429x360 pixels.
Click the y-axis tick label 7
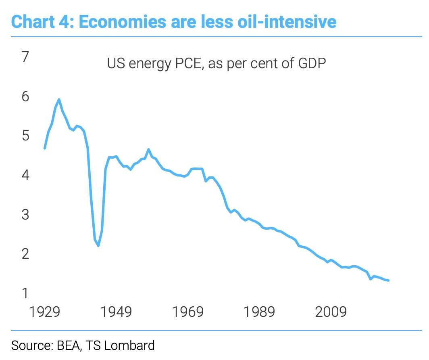[26, 57]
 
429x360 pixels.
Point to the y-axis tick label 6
[26, 96]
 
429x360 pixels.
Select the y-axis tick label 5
[26, 136]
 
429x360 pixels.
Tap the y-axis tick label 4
[26, 175]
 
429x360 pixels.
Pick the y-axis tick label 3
[26, 214]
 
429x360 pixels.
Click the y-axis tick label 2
[26, 254]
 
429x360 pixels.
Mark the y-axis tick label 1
[26, 293]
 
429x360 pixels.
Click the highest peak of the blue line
[59, 99]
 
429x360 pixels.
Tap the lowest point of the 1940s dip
[98, 246]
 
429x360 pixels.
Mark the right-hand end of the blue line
[388, 280]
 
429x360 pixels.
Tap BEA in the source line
[67, 345]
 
